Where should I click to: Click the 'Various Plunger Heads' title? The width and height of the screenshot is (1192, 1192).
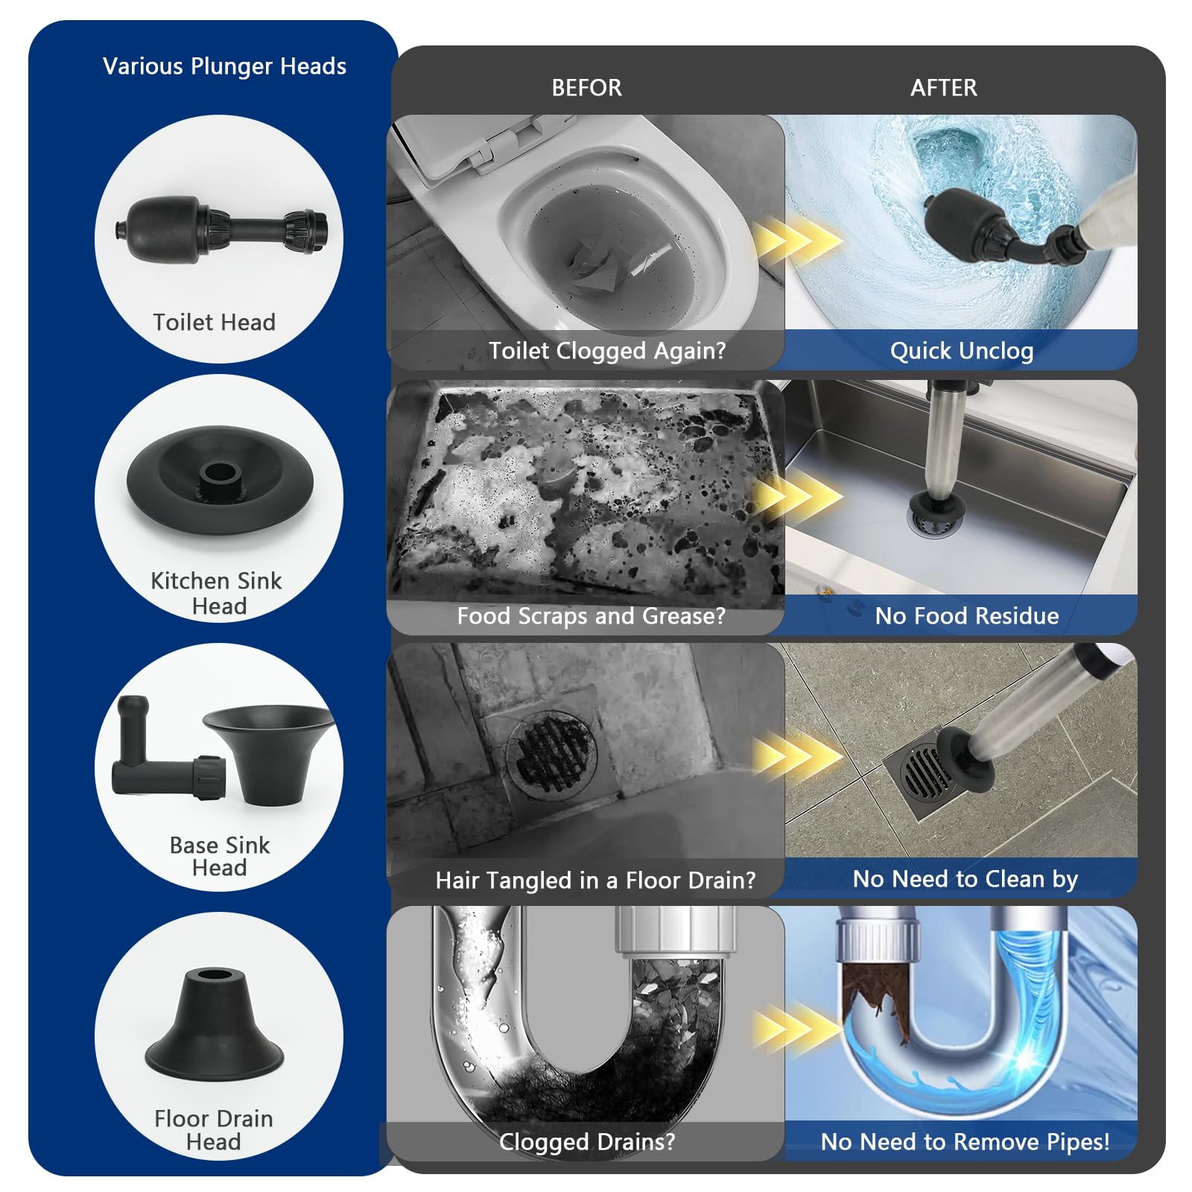(224, 66)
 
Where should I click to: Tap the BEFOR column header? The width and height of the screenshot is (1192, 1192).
(586, 88)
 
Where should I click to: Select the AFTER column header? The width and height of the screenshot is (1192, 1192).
(943, 88)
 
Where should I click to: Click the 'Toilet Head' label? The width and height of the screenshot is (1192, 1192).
(215, 322)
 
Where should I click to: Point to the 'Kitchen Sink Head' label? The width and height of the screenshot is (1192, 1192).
(217, 593)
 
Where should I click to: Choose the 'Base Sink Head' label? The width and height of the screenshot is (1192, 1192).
(220, 857)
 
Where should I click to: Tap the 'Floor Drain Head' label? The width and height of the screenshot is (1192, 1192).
(214, 1130)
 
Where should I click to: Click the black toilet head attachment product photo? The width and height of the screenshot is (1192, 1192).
(221, 229)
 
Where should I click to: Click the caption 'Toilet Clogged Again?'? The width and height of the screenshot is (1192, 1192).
(607, 350)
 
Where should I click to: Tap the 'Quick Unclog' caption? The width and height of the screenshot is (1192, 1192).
(962, 350)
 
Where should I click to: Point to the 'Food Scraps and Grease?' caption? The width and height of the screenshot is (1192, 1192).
(591, 616)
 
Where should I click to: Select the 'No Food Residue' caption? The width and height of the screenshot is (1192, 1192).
(967, 616)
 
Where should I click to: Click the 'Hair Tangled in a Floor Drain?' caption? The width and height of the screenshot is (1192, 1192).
(595, 881)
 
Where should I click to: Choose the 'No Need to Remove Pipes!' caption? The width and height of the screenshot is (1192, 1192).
(965, 1142)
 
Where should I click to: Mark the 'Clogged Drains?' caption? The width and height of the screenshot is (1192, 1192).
(587, 1142)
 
